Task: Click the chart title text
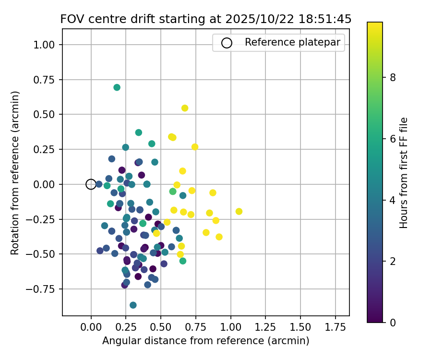tap(205, 19)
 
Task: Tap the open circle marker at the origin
tap(91, 184)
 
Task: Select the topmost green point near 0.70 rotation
tap(117, 87)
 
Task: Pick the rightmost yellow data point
tap(239, 212)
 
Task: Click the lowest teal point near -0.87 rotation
tap(133, 305)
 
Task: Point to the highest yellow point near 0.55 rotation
tap(185, 108)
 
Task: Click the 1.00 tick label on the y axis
tap(46, 45)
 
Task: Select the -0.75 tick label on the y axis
tap(44, 289)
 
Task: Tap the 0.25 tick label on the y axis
tap(46, 149)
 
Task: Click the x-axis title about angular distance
tap(205, 341)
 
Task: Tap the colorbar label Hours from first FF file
tap(404, 173)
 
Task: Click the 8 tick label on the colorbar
tap(392, 77)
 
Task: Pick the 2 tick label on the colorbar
tap(392, 261)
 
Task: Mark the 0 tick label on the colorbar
tap(392, 322)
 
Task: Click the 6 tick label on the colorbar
tap(392, 139)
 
